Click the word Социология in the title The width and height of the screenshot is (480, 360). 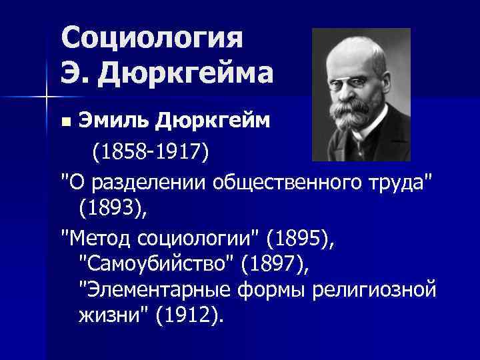pyautogui.click(x=151, y=38)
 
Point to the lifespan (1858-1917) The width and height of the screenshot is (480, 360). pyautogui.click(x=150, y=153)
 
